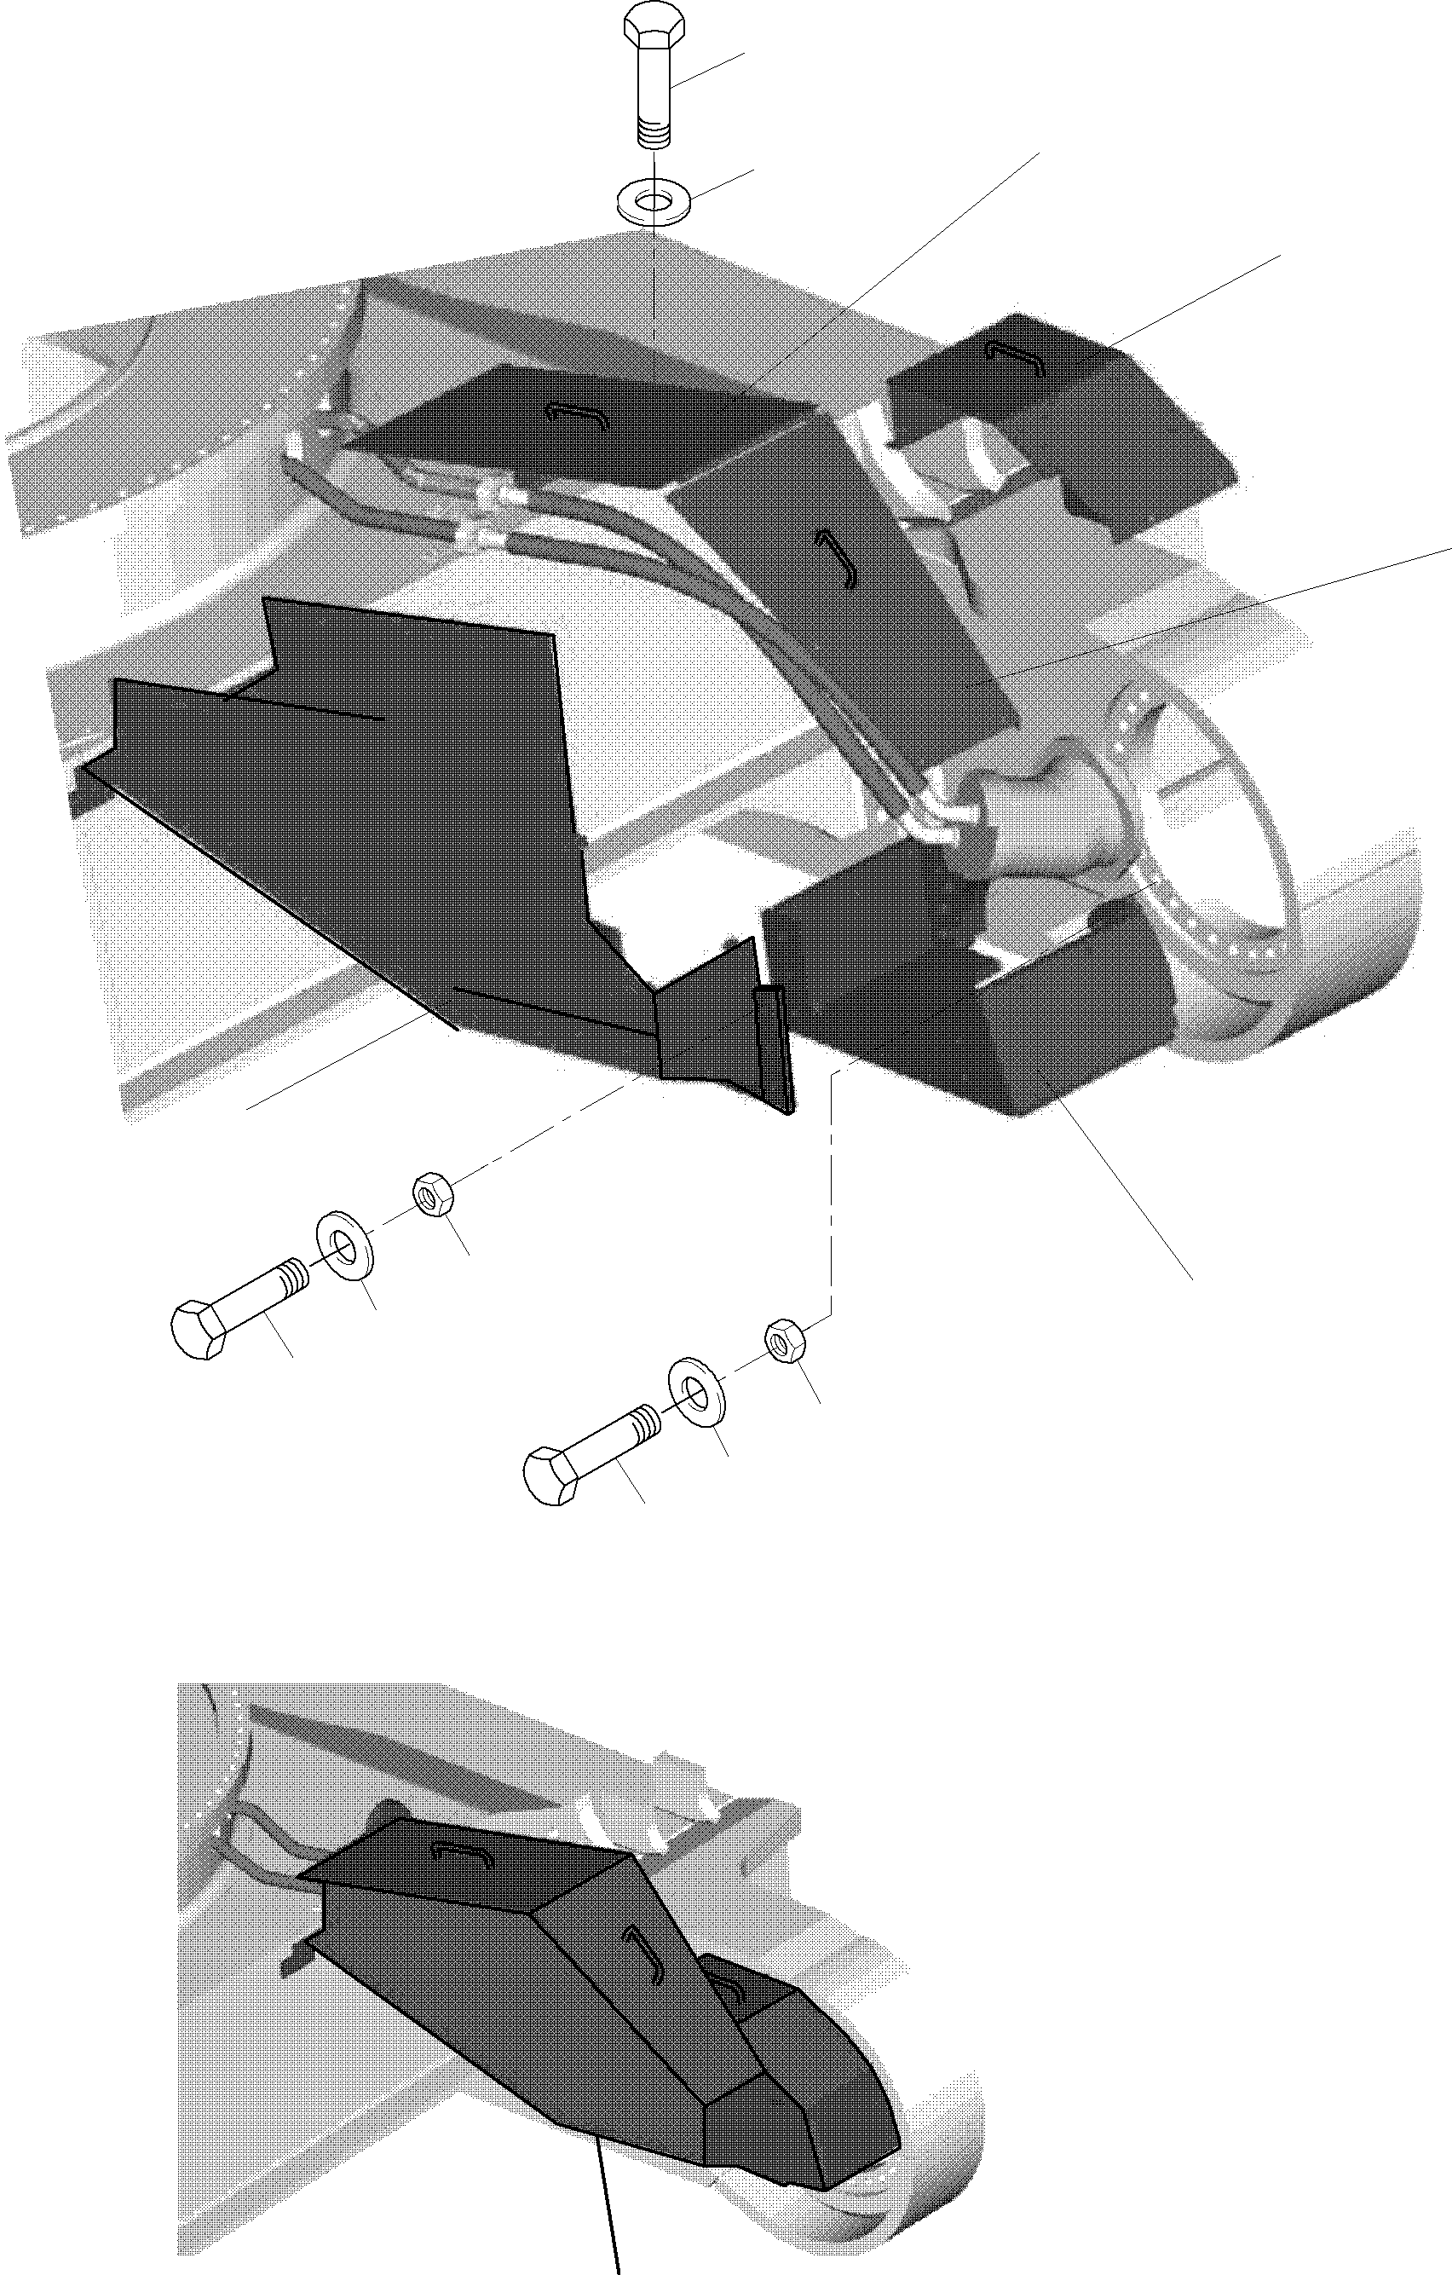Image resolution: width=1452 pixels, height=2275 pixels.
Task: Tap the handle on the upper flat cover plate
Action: (577, 413)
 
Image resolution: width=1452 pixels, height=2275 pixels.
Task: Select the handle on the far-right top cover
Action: (1015, 357)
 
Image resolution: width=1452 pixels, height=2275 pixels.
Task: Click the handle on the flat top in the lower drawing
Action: (463, 1851)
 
